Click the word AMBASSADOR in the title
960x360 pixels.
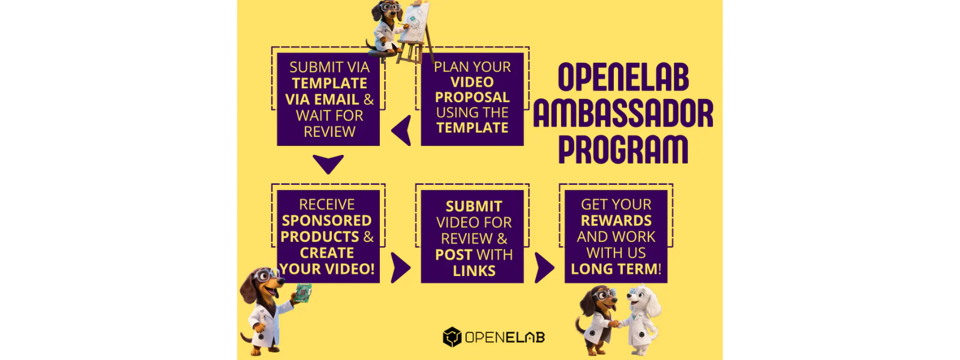pyautogui.click(x=623, y=113)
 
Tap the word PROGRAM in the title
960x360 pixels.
pyautogui.click(x=623, y=149)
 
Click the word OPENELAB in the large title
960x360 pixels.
pyautogui.click(x=623, y=77)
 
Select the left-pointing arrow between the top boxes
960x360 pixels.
pyautogui.click(x=401, y=130)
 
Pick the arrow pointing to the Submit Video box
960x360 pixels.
pyautogui.click(x=401, y=268)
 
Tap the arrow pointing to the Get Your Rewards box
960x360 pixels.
pyautogui.click(x=545, y=268)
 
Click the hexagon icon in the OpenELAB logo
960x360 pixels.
pyautogui.click(x=452, y=337)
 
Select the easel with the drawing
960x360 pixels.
pyautogui.click(x=415, y=31)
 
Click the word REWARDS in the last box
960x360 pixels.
pyautogui.click(x=616, y=220)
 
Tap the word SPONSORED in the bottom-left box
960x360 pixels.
pyautogui.click(x=326, y=220)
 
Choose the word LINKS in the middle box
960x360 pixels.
pyautogui.click(x=474, y=271)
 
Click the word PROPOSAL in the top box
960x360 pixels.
pyautogui.click(x=472, y=97)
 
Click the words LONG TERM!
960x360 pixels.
pyautogui.click(x=616, y=269)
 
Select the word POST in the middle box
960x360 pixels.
pyautogui.click(x=454, y=254)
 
